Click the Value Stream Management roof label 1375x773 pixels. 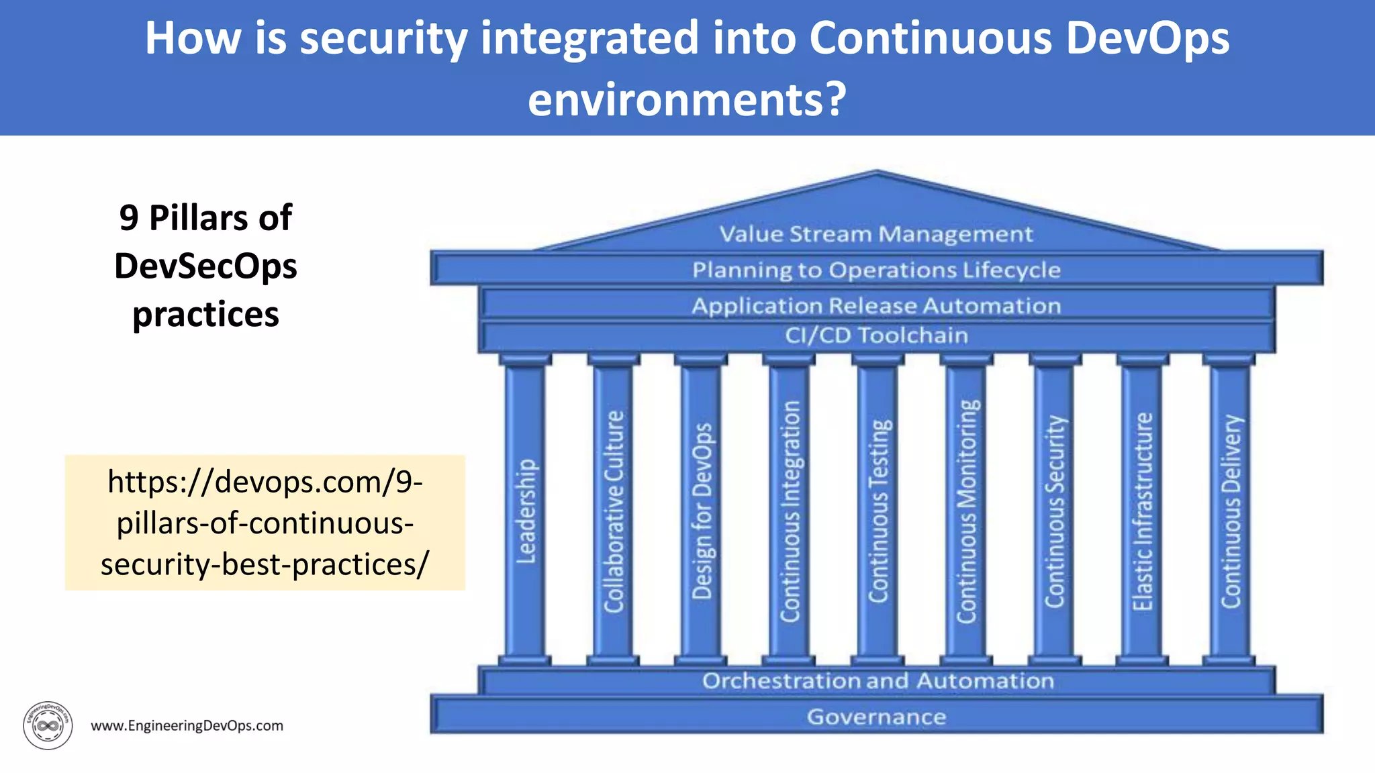[x=876, y=234]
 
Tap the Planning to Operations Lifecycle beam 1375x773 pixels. [x=876, y=270]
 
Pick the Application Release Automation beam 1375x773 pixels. [x=876, y=305]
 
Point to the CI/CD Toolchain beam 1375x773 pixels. [x=876, y=335]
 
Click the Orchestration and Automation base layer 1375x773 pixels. [x=878, y=680]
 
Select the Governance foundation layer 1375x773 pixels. [x=876, y=717]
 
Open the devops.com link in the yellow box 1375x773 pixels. [x=265, y=523]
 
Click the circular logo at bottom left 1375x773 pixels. [x=48, y=725]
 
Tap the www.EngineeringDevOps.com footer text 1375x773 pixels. [x=187, y=725]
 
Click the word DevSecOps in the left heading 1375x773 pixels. [x=205, y=266]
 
